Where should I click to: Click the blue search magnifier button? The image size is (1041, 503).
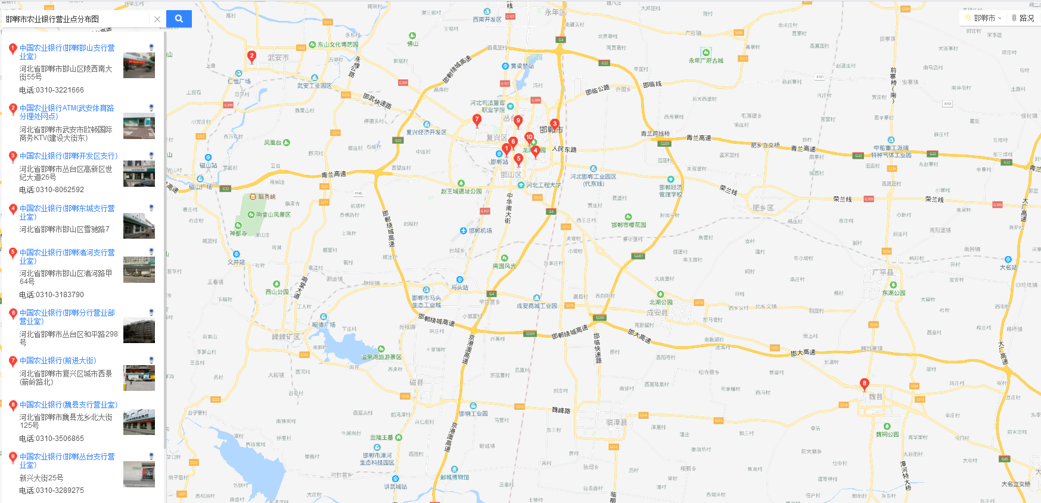coord(179,18)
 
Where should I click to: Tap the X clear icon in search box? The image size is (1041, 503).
coord(157,19)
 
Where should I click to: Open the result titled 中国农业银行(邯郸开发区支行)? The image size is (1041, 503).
coord(69,156)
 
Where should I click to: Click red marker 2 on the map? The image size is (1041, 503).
coord(251,57)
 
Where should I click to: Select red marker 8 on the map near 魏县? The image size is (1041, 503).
coord(864,384)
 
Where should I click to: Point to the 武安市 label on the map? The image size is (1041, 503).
coord(278,58)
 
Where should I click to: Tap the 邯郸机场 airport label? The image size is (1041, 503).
coord(480,230)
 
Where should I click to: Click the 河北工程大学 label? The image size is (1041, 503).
coord(543,185)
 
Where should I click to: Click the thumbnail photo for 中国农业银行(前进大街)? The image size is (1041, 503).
coord(139,378)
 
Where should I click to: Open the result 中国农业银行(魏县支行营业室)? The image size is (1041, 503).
coord(69,405)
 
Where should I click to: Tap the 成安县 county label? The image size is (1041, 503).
coord(657,312)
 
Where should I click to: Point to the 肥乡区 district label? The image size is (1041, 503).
coord(763,208)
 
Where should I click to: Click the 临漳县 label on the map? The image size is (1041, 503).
coord(617,422)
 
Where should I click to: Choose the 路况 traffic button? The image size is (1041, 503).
coord(1023,18)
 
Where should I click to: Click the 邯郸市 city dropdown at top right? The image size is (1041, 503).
coord(984,18)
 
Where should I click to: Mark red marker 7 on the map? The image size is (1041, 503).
coord(477,120)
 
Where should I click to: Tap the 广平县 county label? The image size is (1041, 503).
coord(882,272)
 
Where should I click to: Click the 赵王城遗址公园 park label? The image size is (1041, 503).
coord(461,192)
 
